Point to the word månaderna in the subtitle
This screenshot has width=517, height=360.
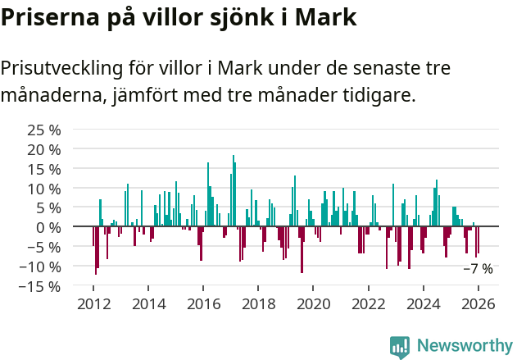tap(50, 95)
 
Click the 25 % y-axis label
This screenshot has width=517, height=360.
tap(44, 130)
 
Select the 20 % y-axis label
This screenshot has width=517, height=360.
tap(44, 149)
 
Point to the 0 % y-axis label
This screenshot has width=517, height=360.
tap(48, 227)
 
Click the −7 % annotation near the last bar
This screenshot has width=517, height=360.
tap(478, 268)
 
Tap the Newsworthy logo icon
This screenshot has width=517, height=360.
tap(400, 346)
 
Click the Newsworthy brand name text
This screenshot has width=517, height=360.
tap(464, 346)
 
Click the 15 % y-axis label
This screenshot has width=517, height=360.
tap(44, 169)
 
